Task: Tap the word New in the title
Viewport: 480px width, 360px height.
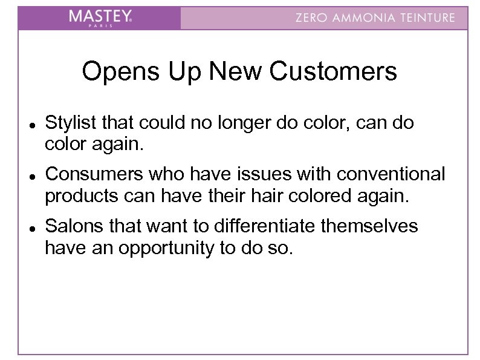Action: click(x=237, y=72)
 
